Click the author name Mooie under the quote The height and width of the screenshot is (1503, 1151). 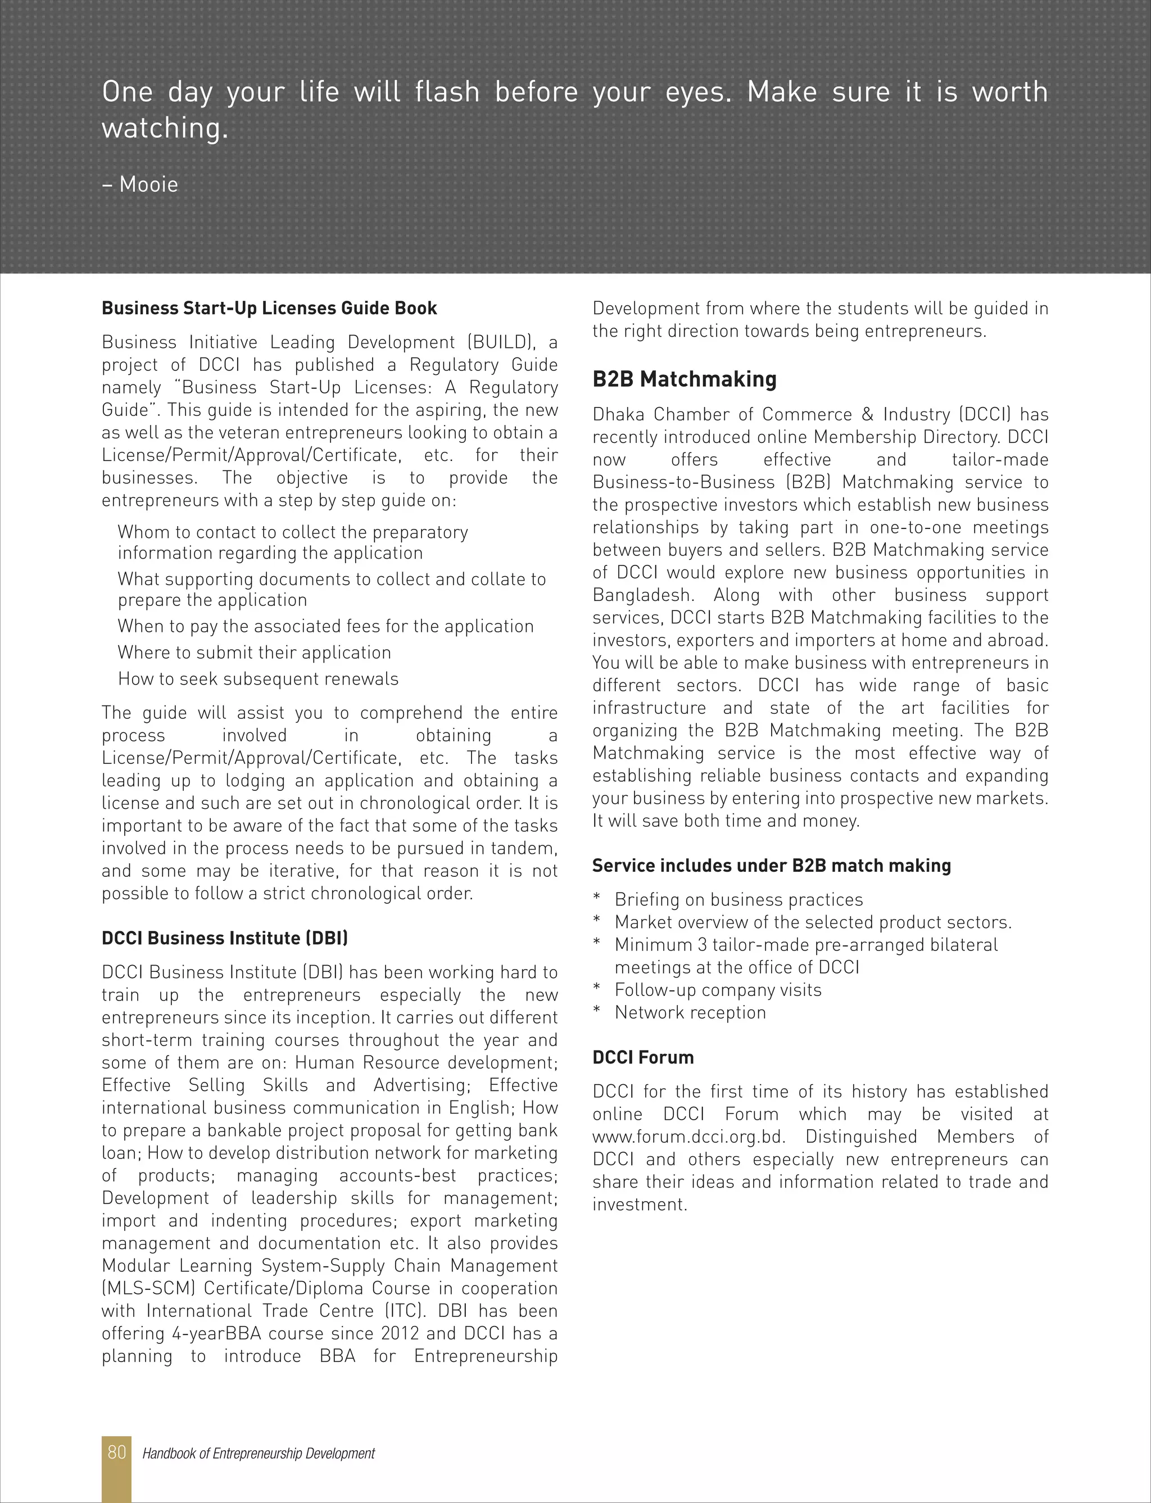[148, 184]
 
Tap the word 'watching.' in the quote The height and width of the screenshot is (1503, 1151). [165, 128]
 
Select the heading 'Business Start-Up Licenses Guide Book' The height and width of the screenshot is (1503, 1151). [269, 308]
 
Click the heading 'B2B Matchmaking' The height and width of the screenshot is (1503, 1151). [684, 379]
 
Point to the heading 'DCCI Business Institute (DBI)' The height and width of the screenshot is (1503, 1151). [225, 938]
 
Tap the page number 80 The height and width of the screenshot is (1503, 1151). [116, 1452]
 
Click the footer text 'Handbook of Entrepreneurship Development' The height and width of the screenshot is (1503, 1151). [259, 1453]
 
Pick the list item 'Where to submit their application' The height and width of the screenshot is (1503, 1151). [254, 652]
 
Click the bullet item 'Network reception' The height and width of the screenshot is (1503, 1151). [690, 1012]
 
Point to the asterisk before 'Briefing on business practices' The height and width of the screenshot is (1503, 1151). [597, 898]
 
